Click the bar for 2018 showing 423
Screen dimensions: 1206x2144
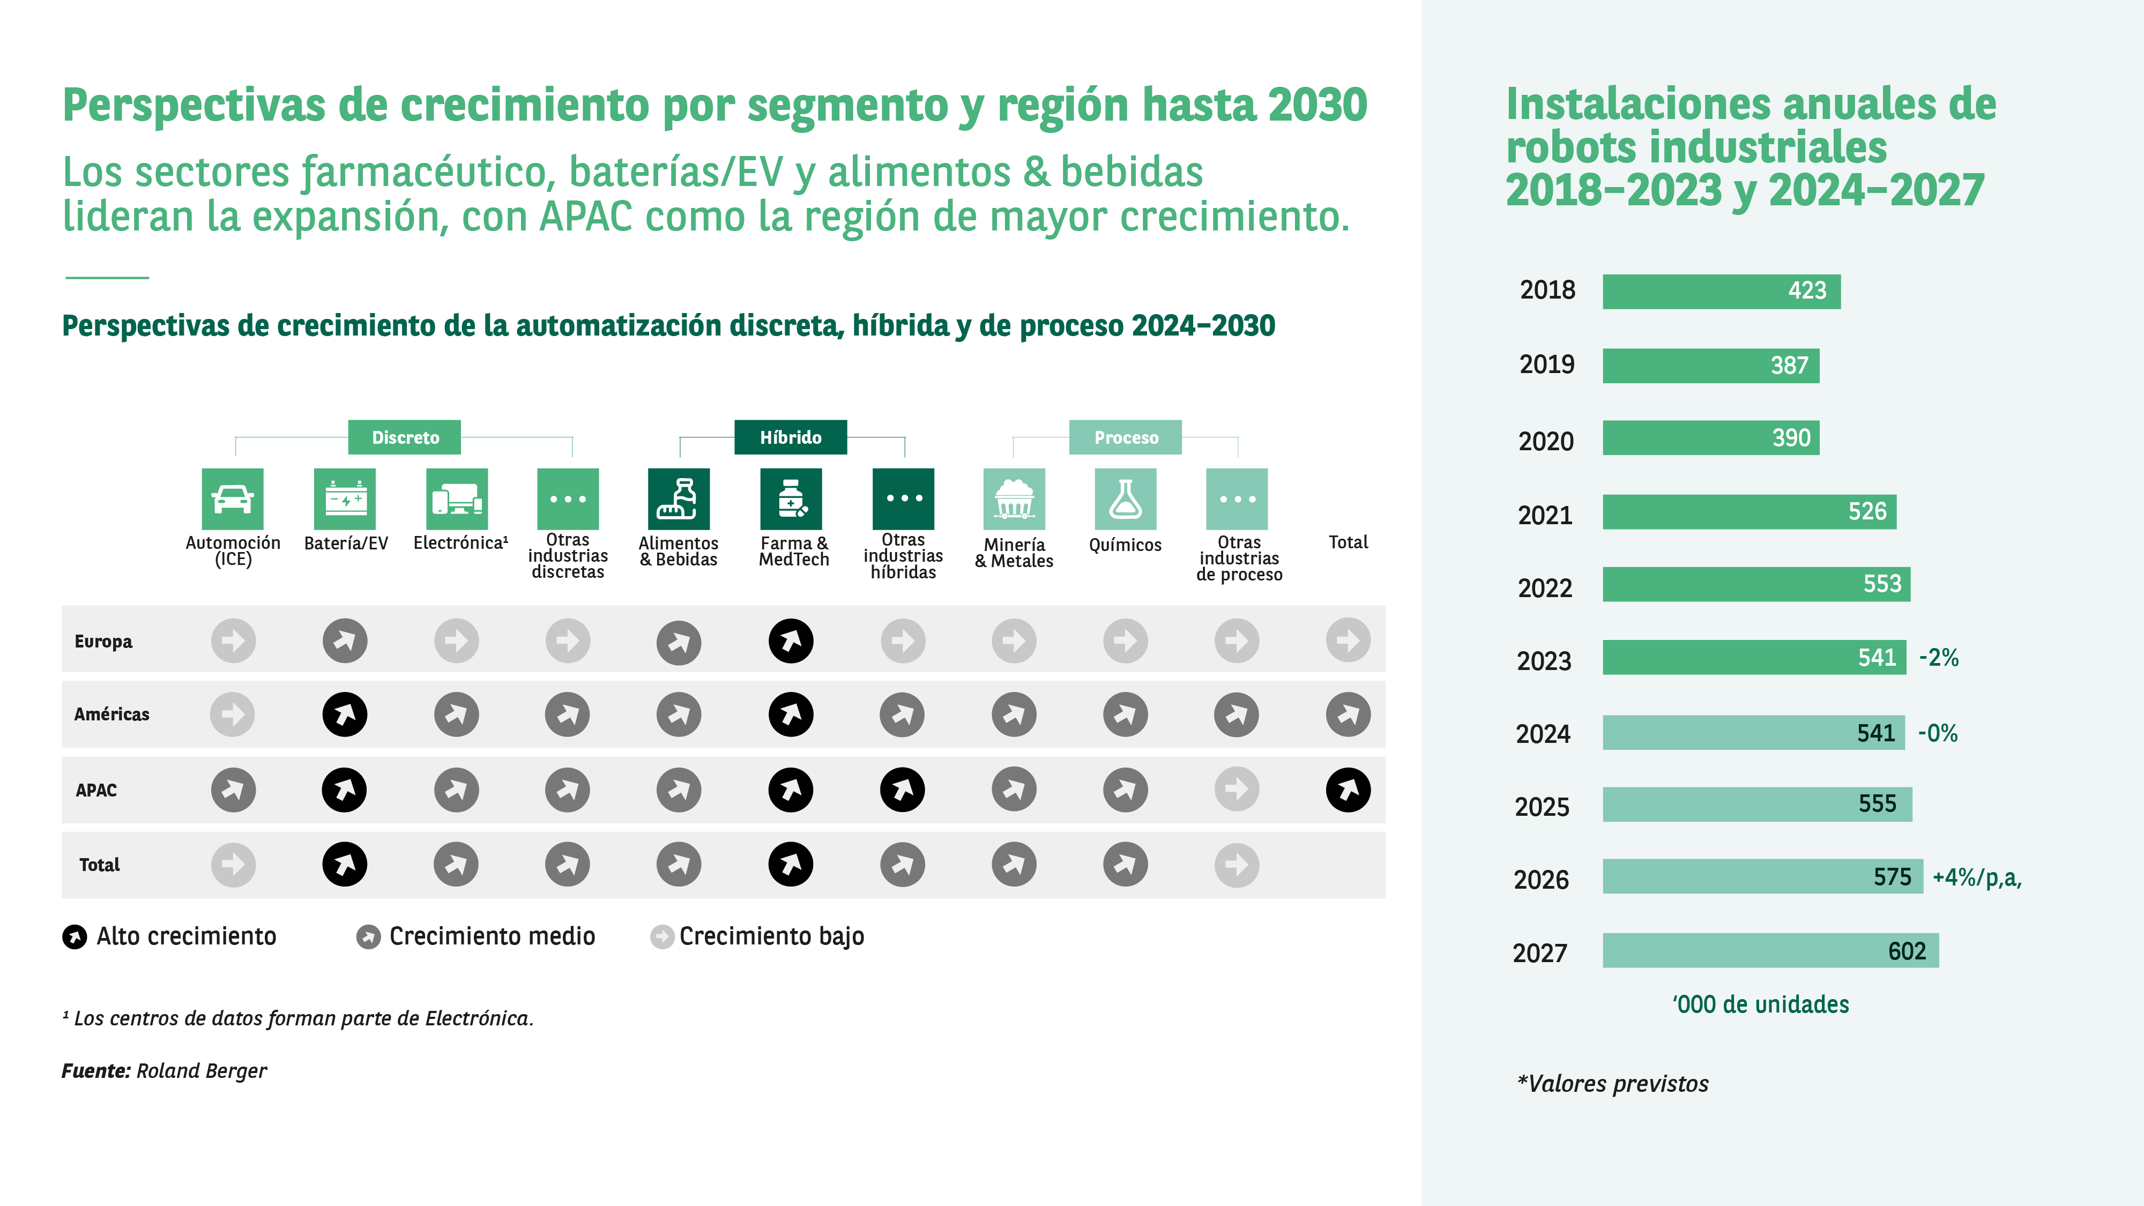pyautogui.click(x=1721, y=291)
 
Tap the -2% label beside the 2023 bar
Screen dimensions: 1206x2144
pyautogui.click(x=1938, y=658)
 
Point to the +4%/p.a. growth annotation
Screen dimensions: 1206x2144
pyautogui.click(x=1976, y=877)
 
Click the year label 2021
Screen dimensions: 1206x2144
pyautogui.click(x=1545, y=515)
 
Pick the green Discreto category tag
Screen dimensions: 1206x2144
pyautogui.click(x=405, y=437)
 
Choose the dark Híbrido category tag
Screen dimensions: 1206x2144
pyautogui.click(x=790, y=437)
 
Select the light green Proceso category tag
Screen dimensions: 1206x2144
pyautogui.click(x=1125, y=437)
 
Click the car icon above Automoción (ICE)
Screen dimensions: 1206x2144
pyautogui.click(x=232, y=498)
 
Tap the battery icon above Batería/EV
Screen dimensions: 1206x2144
pyautogui.click(x=345, y=498)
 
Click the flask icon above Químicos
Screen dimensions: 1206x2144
pyautogui.click(x=1125, y=498)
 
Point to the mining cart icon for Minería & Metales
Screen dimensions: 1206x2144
pyautogui.click(x=1014, y=498)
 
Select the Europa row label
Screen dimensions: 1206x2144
pyautogui.click(x=103, y=642)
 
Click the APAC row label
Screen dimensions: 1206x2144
pyautogui.click(x=96, y=790)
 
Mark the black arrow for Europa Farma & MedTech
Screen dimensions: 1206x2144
pyautogui.click(x=791, y=641)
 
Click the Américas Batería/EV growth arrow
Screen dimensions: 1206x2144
pyautogui.click(x=345, y=714)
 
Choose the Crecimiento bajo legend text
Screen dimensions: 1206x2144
pyautogui.click(x=771, y=936)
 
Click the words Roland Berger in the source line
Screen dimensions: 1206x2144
pyautogui.click(x=202, y=1071)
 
